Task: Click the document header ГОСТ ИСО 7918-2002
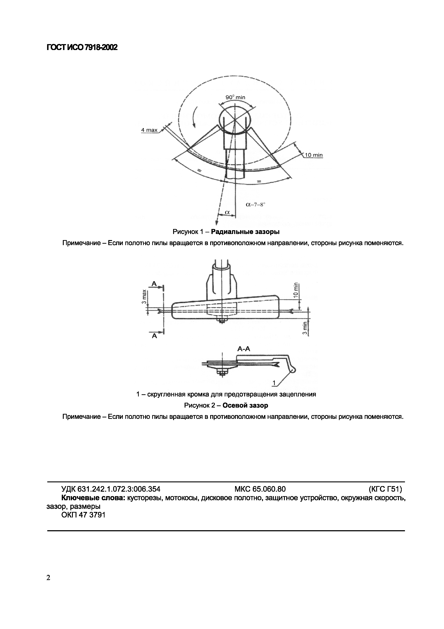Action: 82,48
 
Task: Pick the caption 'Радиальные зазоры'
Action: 245,232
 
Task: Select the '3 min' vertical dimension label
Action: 305,327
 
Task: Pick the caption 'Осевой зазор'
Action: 245,405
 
